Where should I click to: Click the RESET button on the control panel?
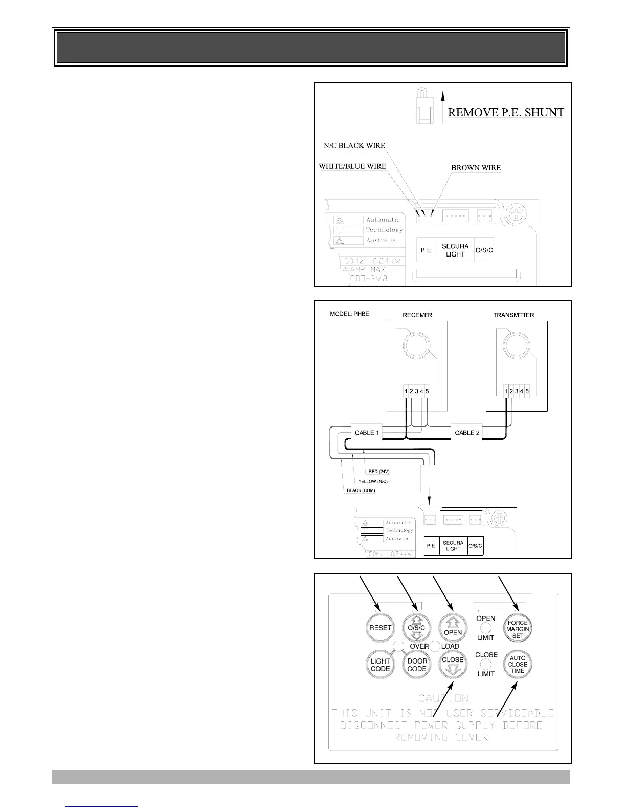380,627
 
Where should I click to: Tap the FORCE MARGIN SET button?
518,629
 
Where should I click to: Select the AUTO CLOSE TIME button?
518,664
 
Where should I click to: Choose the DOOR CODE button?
417,665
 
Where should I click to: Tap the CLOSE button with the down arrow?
453,664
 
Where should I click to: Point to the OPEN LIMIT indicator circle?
485,628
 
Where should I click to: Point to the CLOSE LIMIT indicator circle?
486,665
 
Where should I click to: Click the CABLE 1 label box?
367,433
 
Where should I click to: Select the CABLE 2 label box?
467,433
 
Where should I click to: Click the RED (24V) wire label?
379,472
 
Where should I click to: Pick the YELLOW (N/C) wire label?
373,481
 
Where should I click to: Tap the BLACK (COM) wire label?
361,490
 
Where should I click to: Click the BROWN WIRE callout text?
476,168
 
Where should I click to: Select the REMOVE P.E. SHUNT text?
506,112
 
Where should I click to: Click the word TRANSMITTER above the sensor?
513,315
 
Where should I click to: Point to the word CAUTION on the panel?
443,698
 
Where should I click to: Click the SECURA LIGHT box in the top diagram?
455,250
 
